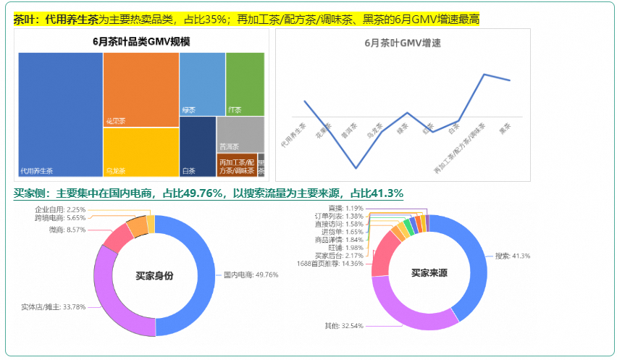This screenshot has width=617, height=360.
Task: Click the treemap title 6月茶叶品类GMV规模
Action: (142, 41)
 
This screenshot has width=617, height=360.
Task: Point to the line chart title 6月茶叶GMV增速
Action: (403, 43)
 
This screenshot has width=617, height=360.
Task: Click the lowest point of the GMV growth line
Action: (356, 168)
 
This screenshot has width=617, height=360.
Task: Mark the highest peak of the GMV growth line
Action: (484, 75)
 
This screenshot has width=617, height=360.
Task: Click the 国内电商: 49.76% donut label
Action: (251, 275)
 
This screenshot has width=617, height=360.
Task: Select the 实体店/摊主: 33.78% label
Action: (53, 306)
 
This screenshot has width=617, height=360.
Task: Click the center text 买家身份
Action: (154, 276)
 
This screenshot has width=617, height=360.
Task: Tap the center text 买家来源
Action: (429, 273)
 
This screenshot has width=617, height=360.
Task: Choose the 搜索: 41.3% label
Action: (513, 256)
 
